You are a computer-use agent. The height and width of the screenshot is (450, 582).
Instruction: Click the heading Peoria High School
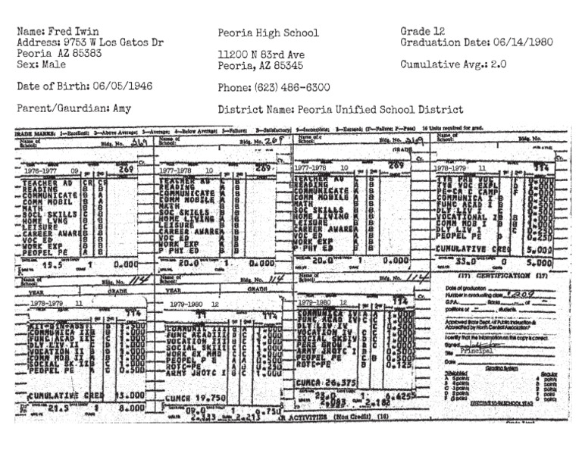[x=268, y=33]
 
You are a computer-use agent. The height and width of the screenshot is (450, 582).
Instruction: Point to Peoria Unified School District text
[x=375, y=109]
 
